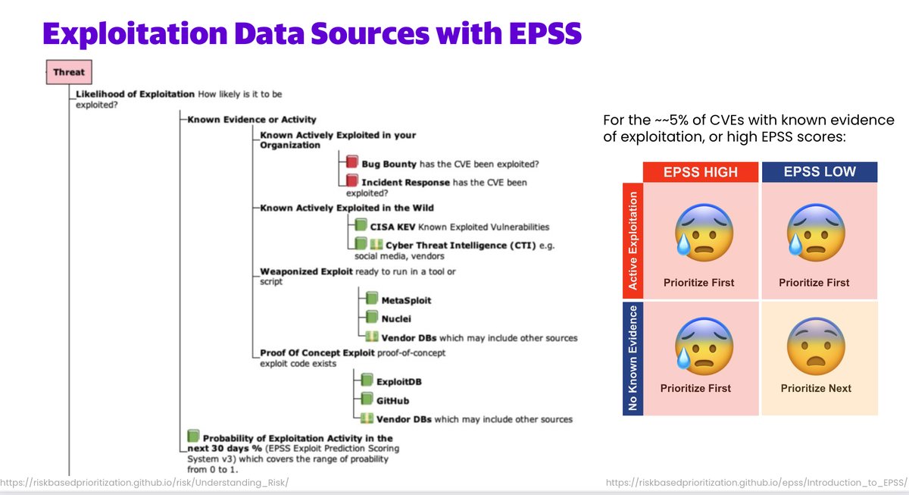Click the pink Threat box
[68, 73]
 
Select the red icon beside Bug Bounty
[351, 162]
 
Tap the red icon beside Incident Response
[351, 181]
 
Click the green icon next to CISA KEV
[360, 225]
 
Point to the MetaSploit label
[406, 300]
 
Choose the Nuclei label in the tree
[397, 319]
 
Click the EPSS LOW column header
[819, 172]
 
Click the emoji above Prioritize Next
[815, 345]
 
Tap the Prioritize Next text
[816, 388]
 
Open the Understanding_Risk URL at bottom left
[144, 482]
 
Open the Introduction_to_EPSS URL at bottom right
[757, 482]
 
